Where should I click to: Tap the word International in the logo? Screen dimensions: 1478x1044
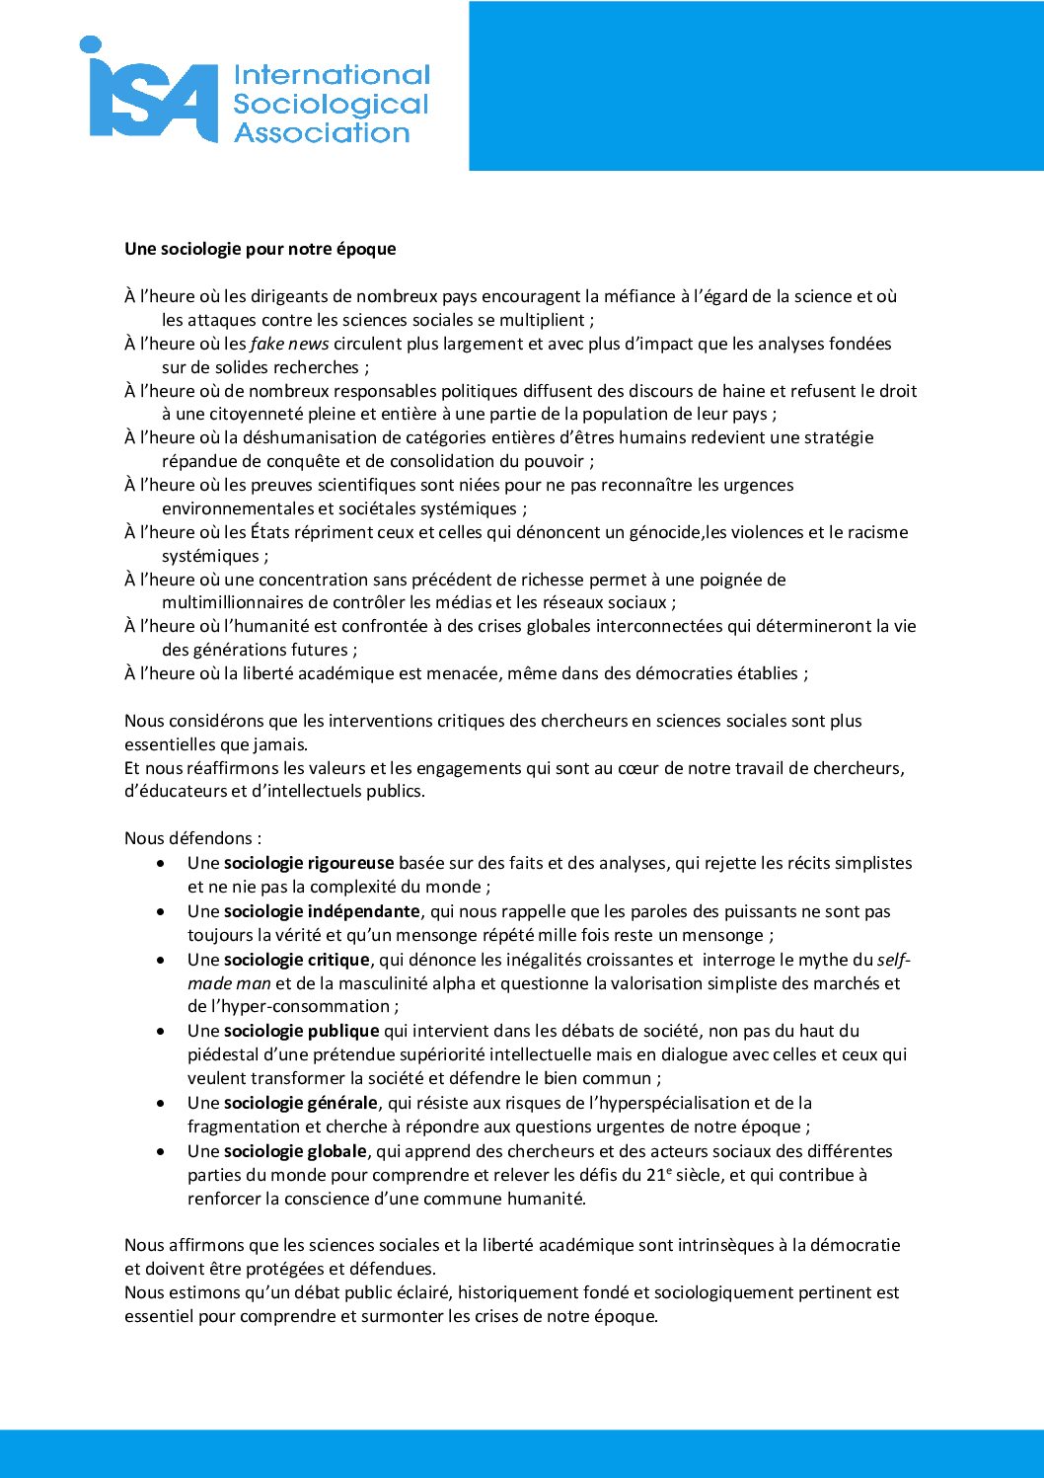(x=332, y=75)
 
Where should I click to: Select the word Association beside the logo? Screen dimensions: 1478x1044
(x=322, y=133)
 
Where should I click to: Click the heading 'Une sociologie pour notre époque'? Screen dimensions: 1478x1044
(x=261, y=249)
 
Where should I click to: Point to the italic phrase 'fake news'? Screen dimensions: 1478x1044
(x=289, y=344)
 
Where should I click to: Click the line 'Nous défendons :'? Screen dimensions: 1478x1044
(x=193, y=838)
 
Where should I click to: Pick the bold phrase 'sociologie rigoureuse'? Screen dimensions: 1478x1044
(x=309, y=863)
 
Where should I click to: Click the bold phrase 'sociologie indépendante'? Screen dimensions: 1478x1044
(x=322, y=911)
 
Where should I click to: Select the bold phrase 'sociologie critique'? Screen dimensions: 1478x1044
(x=297, y=960)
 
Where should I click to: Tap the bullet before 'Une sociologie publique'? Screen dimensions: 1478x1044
(x=161, y=1031)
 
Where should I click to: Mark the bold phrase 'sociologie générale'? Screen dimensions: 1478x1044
(x=301, y=1103)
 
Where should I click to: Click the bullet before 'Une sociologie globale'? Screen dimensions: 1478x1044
(x=161, y=1151)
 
